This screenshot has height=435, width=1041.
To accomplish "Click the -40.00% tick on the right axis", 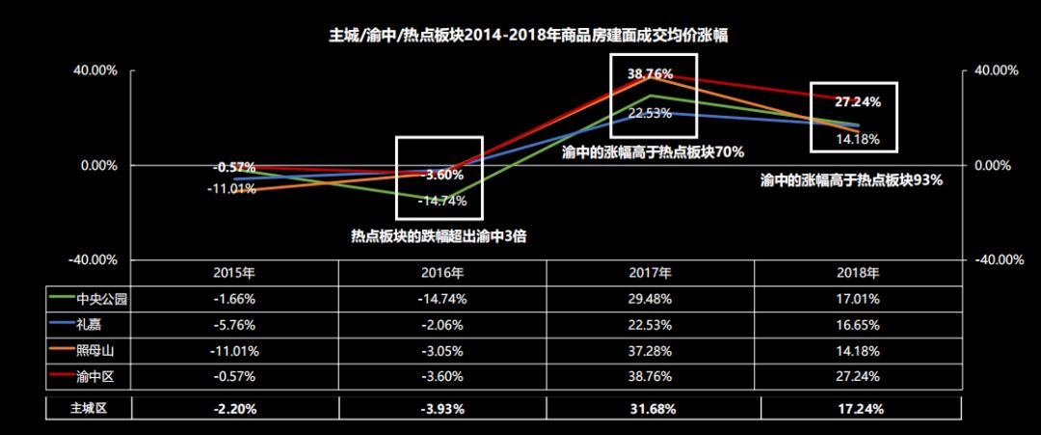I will point(997,259).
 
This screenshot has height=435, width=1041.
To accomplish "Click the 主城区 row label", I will point(88,408).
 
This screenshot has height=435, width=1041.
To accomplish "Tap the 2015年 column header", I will point(234,272).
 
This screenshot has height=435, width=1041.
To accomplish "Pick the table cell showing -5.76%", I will point(234,324).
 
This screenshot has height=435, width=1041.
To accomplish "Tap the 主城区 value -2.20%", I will point(234,408).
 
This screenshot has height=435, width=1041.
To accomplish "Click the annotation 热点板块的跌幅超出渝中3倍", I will point(438,234).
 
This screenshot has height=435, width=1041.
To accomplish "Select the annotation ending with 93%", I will point(850,179).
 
